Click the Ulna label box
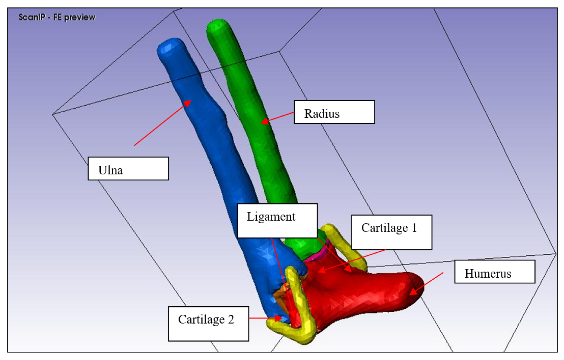(x=128, y=169)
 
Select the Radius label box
(x=334, y=112)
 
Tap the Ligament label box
(x=277, y=220)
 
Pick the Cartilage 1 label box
(x=391, y=232)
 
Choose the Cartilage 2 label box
(x=208, y=324)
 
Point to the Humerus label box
(x=495, y=272)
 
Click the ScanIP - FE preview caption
(x=57, y=17)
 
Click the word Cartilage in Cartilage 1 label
(x=384, y=228)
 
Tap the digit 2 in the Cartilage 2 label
(x=231, y=319)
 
